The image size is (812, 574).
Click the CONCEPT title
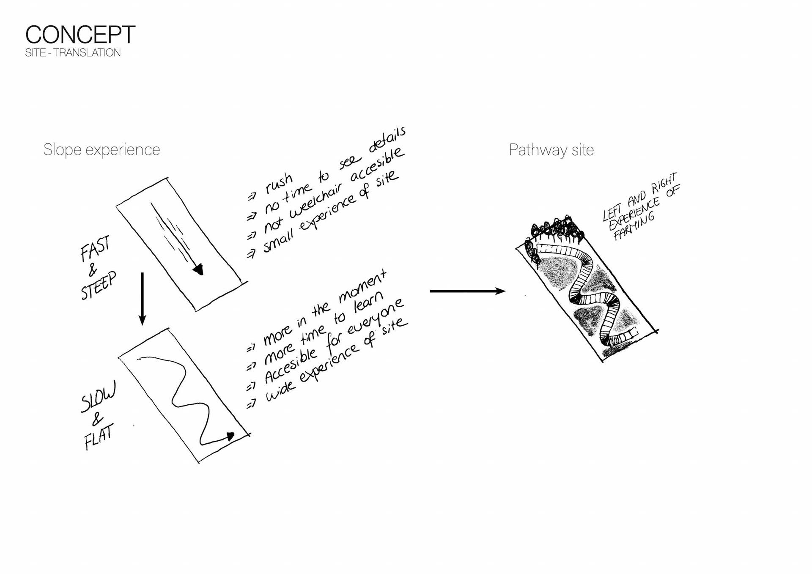80,35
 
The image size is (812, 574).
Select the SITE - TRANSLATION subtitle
73,53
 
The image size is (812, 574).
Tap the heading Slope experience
101,150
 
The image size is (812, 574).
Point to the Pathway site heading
551,150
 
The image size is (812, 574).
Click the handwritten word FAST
95,248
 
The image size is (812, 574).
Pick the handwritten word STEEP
98,286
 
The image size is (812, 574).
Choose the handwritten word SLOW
98,397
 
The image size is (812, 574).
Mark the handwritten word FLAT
99,437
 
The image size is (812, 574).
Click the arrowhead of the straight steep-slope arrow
198,269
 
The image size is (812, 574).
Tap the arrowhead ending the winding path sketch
230,437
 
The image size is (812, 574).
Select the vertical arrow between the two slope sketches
143,299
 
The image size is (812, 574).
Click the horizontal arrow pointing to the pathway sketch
467,291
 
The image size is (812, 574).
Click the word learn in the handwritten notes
368,302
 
